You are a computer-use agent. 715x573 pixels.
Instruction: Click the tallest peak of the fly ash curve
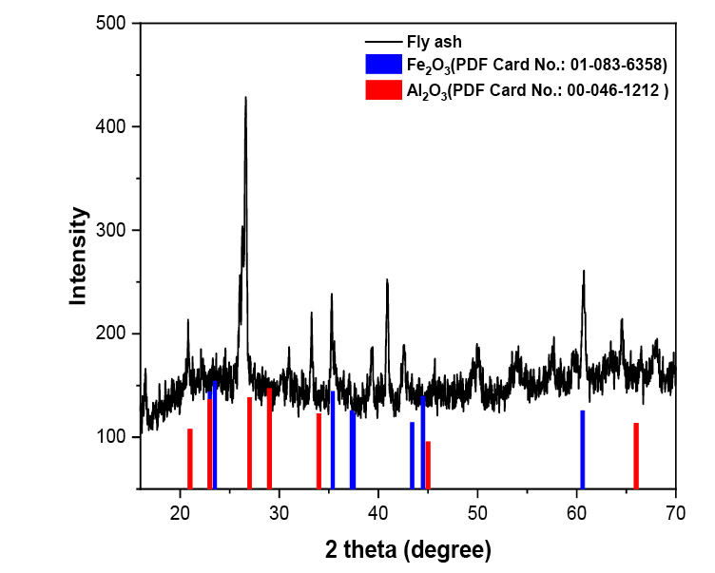coord(245,99)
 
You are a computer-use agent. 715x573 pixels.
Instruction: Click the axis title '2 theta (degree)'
coord(408,549)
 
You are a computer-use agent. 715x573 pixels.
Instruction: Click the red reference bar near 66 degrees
coord(636,456)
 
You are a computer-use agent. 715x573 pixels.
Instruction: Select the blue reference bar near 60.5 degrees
coord(582,449)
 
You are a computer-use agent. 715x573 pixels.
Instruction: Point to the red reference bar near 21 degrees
coord(190,459)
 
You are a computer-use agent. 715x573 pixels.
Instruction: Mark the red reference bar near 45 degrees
coord(428,465)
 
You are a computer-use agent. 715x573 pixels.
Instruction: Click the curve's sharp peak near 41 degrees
coord(387,281)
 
